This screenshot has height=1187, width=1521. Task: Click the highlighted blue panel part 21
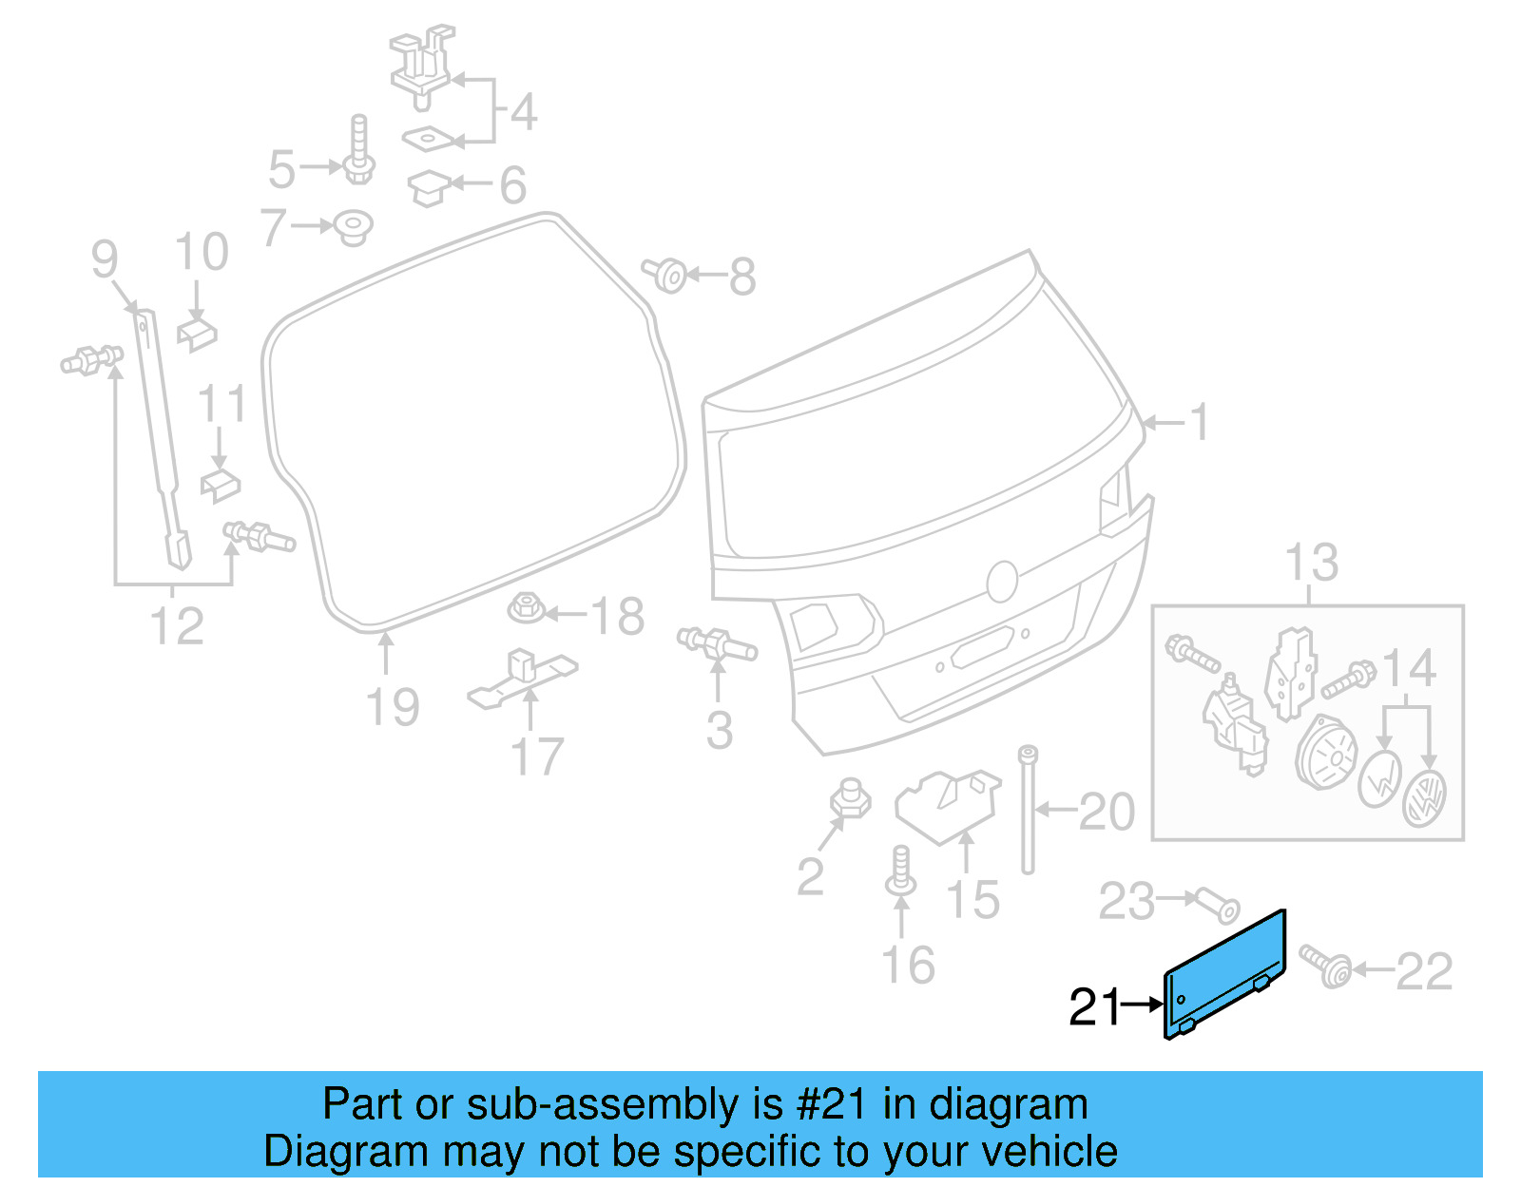pos(1225,974)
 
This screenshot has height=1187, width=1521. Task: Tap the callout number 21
pos(1095,1006)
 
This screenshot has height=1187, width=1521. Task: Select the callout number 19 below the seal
pos(393,708)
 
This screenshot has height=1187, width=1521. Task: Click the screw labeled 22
pos(1326,967)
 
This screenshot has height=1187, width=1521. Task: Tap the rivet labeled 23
pos(1216,904)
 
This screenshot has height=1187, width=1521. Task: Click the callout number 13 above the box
pos(1311,563)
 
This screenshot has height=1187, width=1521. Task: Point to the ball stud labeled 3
pos(717,643)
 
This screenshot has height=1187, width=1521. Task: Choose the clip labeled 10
pos(197,335)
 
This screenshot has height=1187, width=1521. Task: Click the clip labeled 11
pos(220,483)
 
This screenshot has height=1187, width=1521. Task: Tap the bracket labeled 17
pos(523,677)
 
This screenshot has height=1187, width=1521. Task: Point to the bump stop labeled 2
pos(851,799)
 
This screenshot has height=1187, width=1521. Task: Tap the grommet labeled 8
pos(666,275)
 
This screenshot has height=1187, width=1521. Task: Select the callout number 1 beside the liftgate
pos(1200,422)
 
